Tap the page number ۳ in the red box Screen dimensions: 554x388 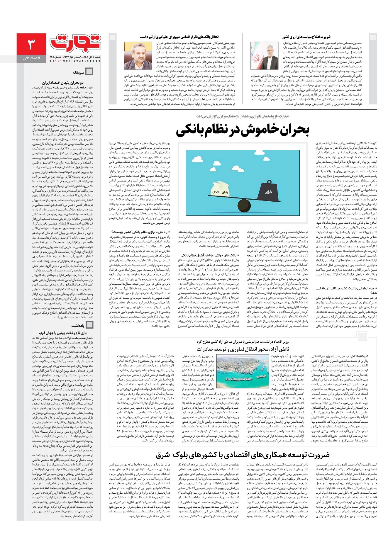(31, 44)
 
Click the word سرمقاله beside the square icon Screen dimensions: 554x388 (78, 72)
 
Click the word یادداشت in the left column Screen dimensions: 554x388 (78, 325)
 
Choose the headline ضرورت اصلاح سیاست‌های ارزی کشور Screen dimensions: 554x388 (306, 37)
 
